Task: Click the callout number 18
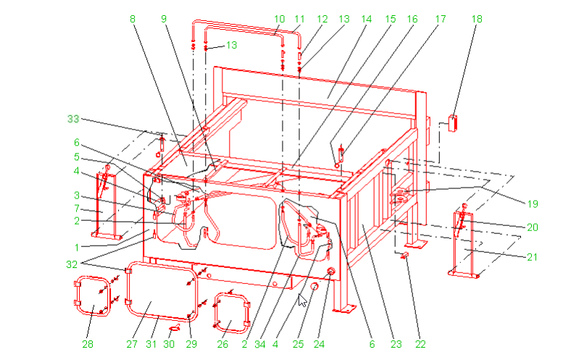tap(477, 19)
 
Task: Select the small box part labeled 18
tap(453, 123)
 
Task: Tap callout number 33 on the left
tap(73, 119)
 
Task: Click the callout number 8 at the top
tap(133, 19)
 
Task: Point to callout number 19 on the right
tap(533, 204)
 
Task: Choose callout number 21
tap(533, 257)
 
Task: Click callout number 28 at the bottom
tap(88, 344)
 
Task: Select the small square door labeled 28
tap(92, 296)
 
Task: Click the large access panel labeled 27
tap(162, 291)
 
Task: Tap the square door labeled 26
tap(232, 313)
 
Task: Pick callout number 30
tap(169, 344)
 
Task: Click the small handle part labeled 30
tap(175, 327)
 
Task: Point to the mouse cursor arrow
tap(302, 301)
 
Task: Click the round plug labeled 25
tap(314, 287)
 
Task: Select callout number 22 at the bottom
tap(420, 344)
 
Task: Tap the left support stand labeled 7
tap(107, 204)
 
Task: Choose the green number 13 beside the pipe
tap(232, 45)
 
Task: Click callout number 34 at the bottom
tap(260, 344)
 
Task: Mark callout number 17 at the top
tap(441, 19)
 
